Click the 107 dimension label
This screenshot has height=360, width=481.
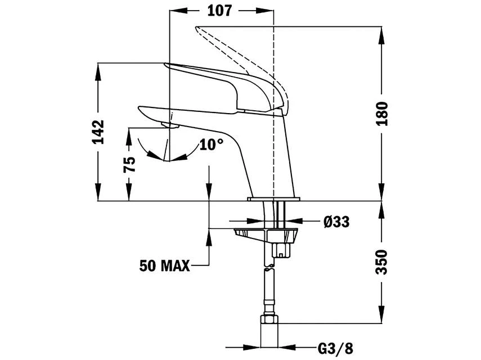(219, 11)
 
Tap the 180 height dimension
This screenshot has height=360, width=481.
(382, 114)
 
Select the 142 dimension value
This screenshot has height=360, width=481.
(98, 132)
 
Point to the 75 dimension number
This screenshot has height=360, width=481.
(129, 164)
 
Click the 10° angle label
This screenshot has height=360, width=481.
(212, 145)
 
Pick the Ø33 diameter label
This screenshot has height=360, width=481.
(336, 222)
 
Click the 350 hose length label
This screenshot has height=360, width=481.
(382, 262)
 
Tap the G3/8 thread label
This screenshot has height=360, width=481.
(335, 348)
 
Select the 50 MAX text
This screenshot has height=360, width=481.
(165, 265)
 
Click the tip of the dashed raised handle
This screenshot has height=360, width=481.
(196, 28)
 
